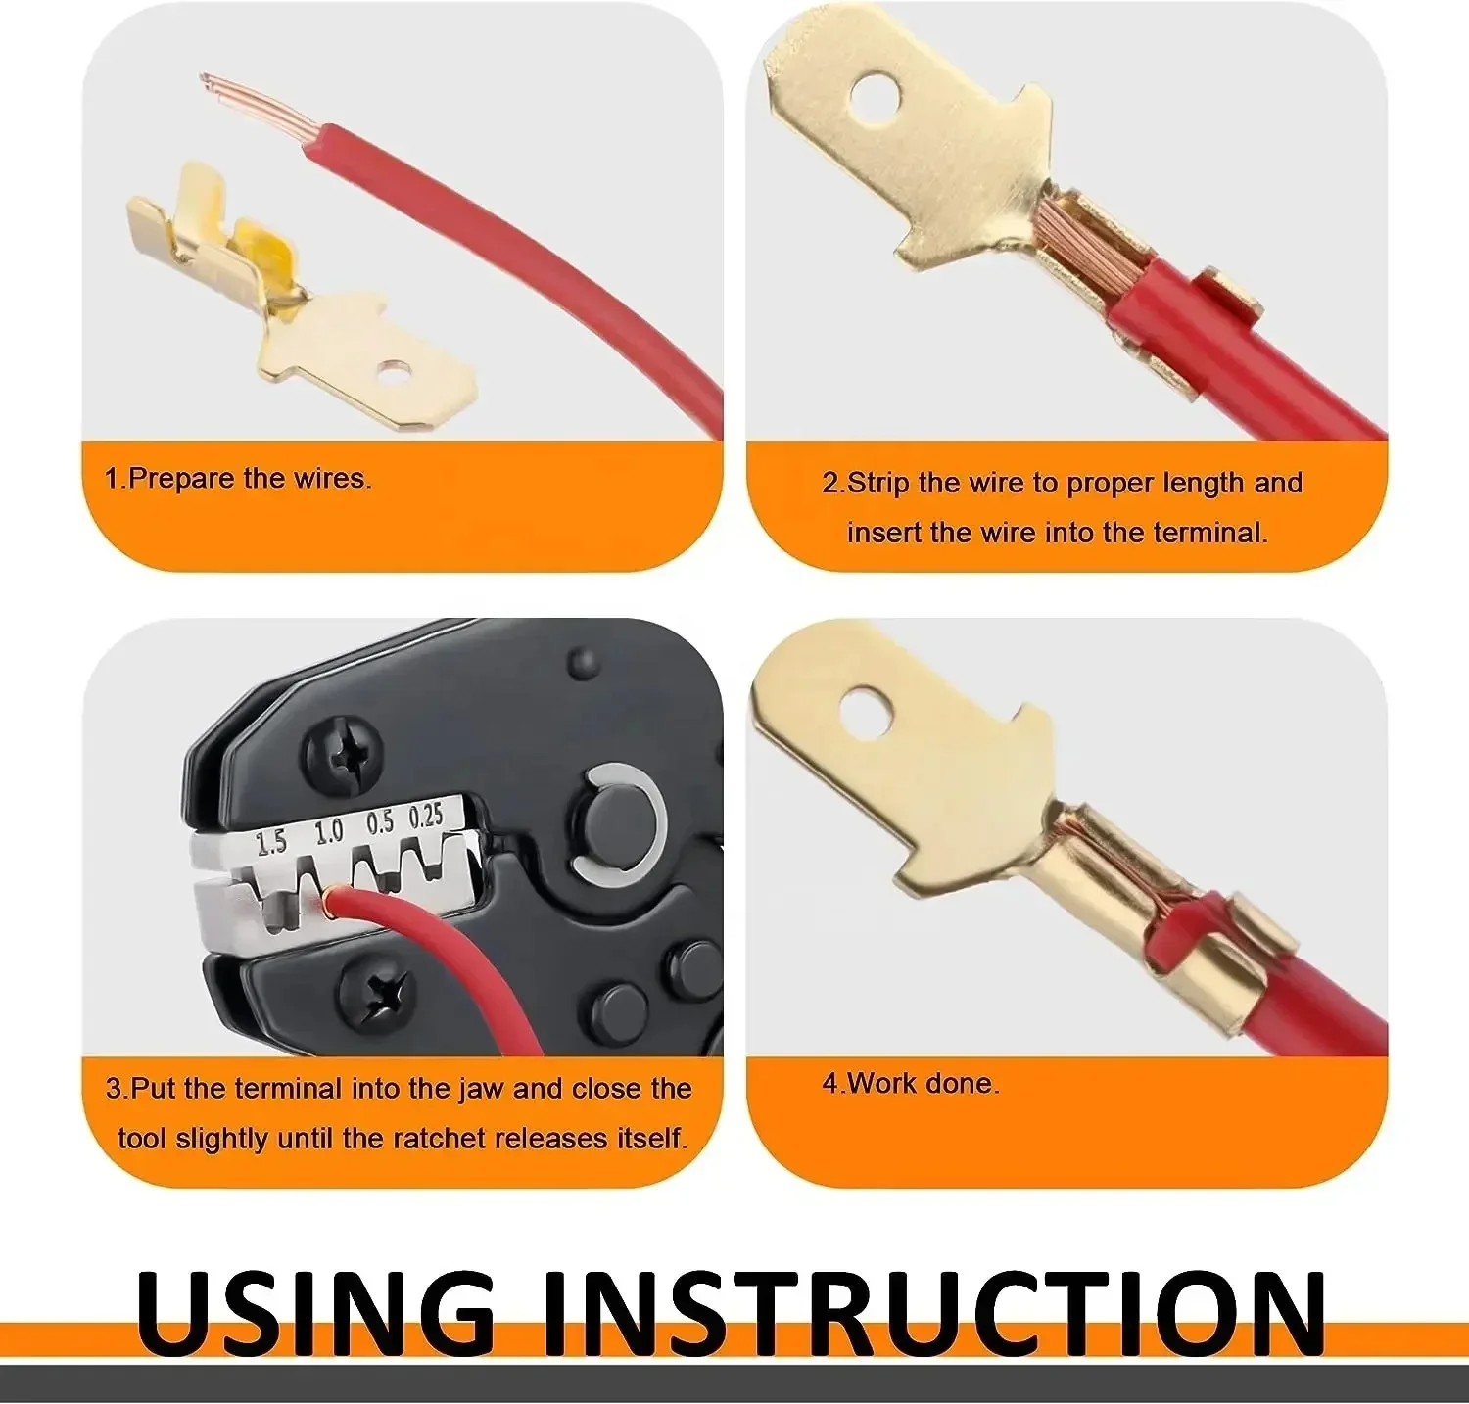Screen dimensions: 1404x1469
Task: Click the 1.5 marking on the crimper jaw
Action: click(x=271, y=841)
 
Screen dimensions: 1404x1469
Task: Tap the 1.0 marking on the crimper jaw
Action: click(x=328, y=832)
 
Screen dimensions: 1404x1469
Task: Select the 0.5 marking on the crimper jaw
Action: click(x=380, y=822)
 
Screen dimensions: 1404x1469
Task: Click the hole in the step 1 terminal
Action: click(x=396, y=372)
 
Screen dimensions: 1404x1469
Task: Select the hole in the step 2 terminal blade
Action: click(x=875, y=101)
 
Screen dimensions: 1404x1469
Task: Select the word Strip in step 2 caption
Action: click(x=878, y=483)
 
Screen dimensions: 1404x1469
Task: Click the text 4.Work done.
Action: click(x=911, y=1083)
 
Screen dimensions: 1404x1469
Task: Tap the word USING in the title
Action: click(x=316, y=1315)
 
